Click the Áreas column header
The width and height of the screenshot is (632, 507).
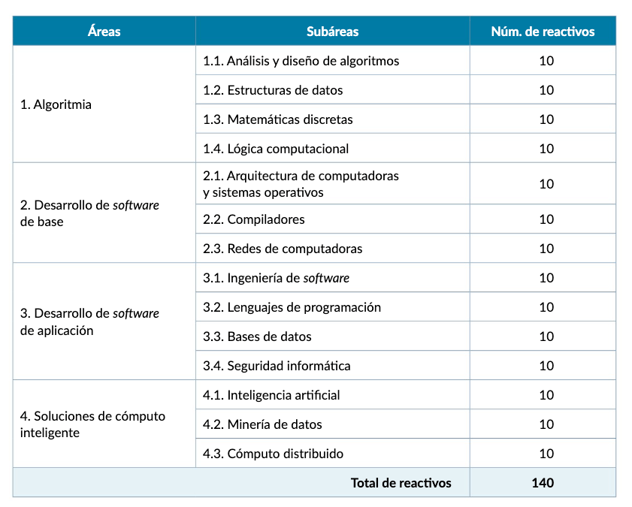(x=104, y=32)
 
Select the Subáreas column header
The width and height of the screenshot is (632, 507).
(x=332, y=32)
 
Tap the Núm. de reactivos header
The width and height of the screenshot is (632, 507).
(x=543, y=32)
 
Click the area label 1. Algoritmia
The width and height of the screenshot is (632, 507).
(x=56, y=104)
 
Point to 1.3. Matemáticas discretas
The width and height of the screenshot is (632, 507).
(x=278, y=119)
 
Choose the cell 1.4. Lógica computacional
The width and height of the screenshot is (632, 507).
(x=276, y=149)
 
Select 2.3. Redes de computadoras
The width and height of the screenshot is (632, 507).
(x=283, y=249)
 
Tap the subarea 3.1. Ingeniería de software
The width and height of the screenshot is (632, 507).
(x=277, y=278)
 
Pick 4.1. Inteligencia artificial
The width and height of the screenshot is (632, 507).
(x=271, y=395)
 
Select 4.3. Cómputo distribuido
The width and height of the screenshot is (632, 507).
(x=274, y=454)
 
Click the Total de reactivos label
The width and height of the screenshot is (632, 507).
(x=401, y=483)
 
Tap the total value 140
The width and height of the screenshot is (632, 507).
(x=543, y=483)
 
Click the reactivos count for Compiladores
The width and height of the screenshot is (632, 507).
(x=546, y=219)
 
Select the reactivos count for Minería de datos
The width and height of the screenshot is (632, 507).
(x=546, y=424)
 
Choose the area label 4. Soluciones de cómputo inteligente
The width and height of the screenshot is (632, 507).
(x=92, y=424)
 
